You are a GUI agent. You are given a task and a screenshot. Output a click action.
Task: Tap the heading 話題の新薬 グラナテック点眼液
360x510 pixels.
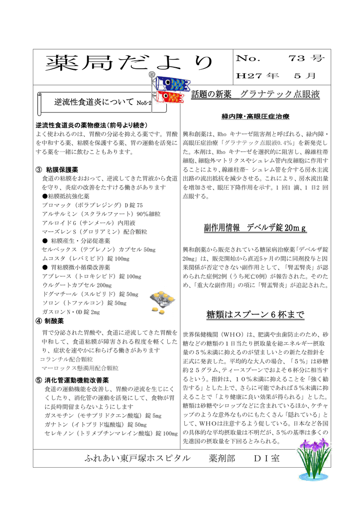(x=255, y=94)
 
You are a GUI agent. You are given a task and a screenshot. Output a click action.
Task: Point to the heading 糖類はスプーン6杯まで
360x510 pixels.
(x=255, y=315)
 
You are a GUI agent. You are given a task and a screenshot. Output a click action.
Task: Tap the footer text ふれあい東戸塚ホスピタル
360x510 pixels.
(x=137, y=458)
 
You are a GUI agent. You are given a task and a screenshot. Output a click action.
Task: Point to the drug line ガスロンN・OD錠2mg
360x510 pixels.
(x=71, y=312)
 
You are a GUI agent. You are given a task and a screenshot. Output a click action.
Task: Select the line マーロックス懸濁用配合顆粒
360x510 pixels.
(x=80, y=368)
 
